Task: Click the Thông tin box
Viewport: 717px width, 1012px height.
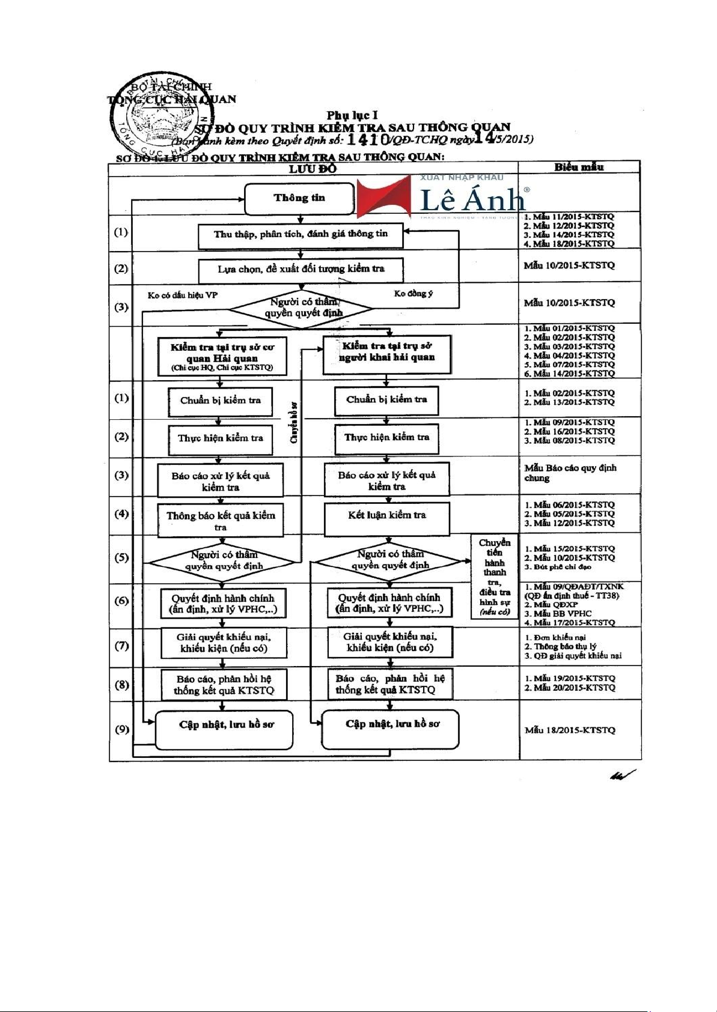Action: click(299, 198)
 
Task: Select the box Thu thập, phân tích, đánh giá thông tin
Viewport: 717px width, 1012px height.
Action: click(301, 234)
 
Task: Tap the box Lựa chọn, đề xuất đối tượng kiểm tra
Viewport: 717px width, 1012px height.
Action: click(301, 269)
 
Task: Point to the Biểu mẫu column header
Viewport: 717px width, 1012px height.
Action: click(579, 168)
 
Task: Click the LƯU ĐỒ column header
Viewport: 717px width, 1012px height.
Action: click(313, 169)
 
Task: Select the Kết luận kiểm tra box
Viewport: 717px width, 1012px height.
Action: click(386, 515)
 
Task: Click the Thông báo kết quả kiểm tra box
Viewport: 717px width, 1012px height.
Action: click(221, 520)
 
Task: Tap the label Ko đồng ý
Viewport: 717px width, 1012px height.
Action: click(413, 294)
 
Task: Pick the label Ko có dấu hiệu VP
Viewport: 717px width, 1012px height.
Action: click(183, 295)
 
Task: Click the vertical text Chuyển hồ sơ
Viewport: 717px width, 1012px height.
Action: click(294, 422)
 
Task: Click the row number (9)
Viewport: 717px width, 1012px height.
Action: click(121, 729)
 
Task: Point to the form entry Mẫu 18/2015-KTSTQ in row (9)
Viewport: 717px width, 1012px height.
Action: click(570, 730)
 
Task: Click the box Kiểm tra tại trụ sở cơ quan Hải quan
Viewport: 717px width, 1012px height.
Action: click(222, 357)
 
